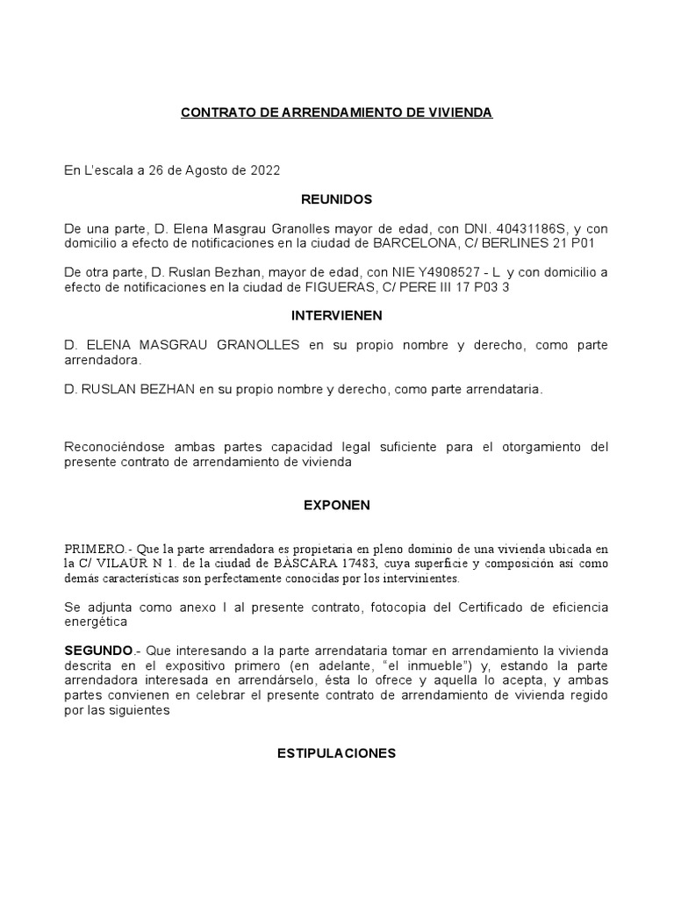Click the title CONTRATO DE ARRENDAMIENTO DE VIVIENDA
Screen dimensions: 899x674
point(336,113)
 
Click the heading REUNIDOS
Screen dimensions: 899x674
point(337,199)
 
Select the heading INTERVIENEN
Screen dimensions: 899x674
point(337,315)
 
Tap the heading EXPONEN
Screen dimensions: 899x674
point(337,505)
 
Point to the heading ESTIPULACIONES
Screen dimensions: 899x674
point(337,753)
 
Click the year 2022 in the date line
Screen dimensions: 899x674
point(265,170)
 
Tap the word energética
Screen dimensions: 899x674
point(96,622)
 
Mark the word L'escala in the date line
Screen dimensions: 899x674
point(104,170)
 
